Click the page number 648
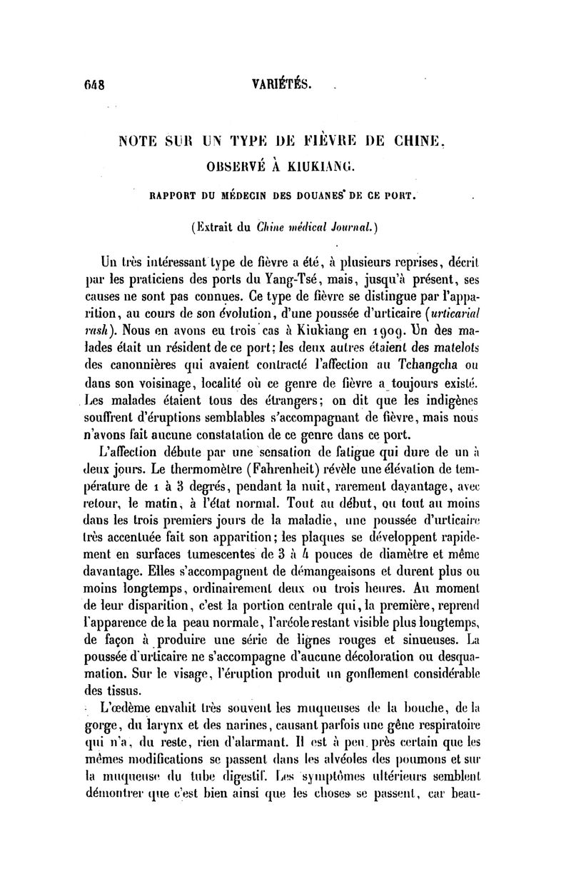(x=94, y=84)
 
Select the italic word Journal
(x=345, y=228)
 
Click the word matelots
(x=458, y=350)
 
